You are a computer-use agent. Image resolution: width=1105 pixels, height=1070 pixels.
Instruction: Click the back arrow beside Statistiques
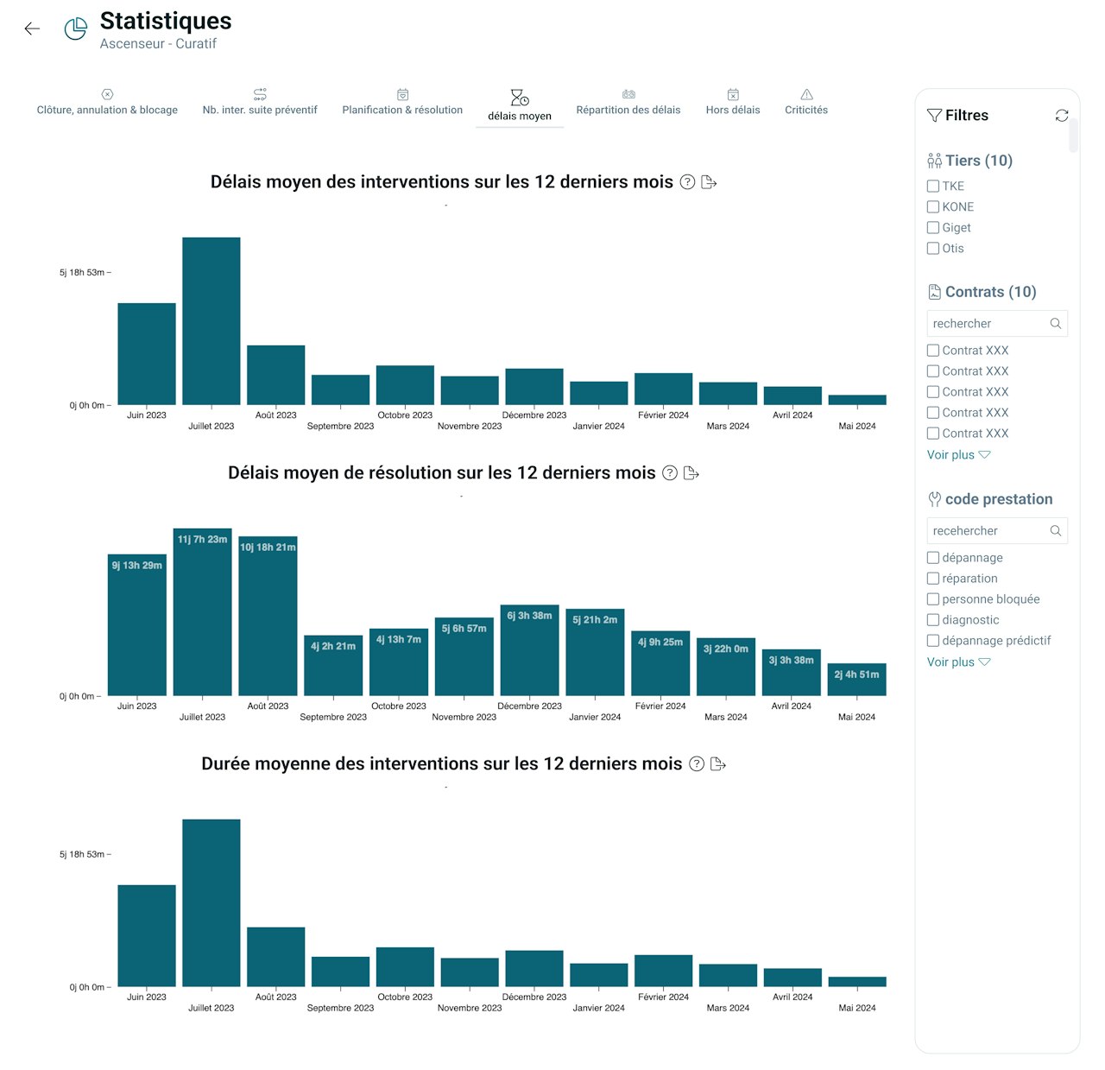coord(32,28)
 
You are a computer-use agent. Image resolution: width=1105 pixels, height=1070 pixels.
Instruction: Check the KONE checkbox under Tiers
coord(933,207)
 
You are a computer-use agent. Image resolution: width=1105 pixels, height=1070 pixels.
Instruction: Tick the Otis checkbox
coord(933,249)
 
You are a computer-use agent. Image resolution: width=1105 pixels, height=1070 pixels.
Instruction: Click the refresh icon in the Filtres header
coord(1062,116)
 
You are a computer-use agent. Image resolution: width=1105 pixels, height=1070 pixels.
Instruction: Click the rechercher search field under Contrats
coord(988,324)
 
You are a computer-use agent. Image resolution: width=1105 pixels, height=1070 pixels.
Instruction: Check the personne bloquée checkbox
coord(933,599)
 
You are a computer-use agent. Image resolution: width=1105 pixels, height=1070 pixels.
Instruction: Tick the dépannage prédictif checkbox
coord(933,641)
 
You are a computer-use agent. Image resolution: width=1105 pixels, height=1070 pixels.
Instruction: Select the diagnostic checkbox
coord(933,620)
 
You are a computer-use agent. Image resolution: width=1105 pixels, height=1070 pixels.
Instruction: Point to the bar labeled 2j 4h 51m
coord(856,679)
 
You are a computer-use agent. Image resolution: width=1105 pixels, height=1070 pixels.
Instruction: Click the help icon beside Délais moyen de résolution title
coord(669,473)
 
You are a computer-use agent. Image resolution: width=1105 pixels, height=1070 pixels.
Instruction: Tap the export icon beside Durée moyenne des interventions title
coord(717,764)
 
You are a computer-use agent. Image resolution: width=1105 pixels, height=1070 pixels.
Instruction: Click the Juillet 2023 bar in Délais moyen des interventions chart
coord(212,321)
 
